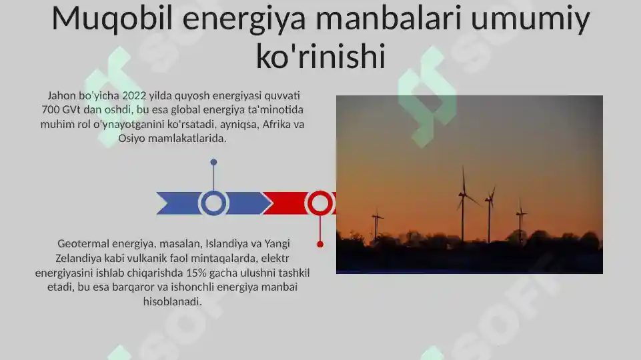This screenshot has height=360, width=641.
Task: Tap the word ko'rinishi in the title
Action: [x=321, y=57]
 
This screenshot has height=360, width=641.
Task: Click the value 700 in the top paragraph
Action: [x=52, y=109]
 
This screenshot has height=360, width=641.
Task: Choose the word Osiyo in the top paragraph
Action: [x=132, y=139]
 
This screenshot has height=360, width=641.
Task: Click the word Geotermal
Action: [x=85, y=243]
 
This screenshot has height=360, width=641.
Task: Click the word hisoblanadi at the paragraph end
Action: [x=172, y=302]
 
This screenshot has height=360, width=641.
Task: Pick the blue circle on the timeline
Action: [x=213, y=203]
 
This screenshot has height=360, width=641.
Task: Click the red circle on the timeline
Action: [x=320, y=203]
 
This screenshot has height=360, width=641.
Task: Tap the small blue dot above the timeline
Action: [x=213, y=162]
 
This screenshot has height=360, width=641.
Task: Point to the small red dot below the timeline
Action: [x=320, y=245]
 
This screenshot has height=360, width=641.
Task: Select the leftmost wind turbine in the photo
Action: [x=377, y=223]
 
